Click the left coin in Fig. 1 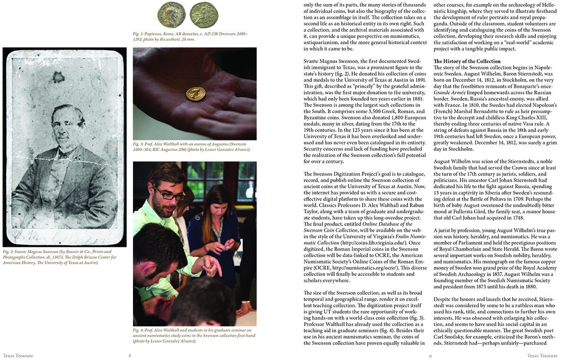click(171, 15)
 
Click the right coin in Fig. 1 click(204, 15)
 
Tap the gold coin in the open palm click(195, 94)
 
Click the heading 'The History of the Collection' click(467, 61)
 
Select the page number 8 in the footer click(130, 356)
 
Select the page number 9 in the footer click(430, 356)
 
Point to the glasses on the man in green click(169, 194)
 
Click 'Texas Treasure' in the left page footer click(18, 356)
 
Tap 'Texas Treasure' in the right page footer click(542, 356)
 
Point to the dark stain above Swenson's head click(59, 77)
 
